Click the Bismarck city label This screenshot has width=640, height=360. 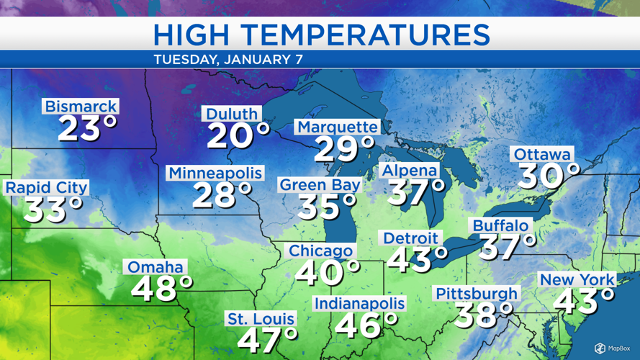(81, 107)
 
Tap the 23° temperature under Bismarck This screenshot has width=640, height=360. (87, 130)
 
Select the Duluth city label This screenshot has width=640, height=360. (232, 114)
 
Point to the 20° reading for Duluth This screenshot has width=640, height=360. (238, 135)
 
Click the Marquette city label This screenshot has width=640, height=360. (337, 127)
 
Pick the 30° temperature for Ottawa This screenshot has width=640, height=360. (549, 175)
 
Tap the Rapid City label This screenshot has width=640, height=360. (46, 188)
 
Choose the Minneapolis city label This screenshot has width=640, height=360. (215, 173)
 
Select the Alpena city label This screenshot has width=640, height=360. (410, 171)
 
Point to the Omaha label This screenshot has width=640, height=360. (156, 267)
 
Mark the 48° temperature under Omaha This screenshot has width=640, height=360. (162, 289)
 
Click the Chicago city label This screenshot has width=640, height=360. (321, 251)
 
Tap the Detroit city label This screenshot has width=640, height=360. (410, 238)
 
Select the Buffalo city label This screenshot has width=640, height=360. (501, 225)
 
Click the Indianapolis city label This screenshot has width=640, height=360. (359, 303)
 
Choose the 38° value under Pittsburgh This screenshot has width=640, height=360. (484, 314)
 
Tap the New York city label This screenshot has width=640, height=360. (577, 279)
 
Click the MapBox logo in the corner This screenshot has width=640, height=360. (609, 348)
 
